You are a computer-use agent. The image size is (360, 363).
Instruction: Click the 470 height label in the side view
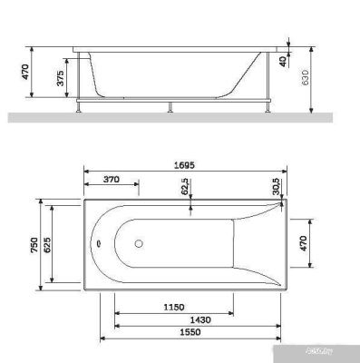[x=27, y=70]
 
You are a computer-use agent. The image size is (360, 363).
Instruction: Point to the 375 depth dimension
[x=60, y=80]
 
